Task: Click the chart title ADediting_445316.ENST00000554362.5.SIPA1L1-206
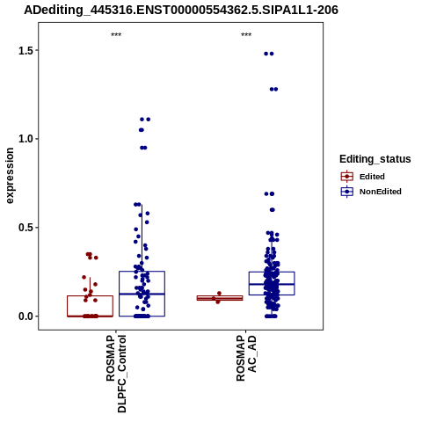[x=181, y=10]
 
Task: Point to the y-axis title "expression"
[x=10, y=176]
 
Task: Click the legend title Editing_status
[x=375, y=159]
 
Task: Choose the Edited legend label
[x=372, y=177]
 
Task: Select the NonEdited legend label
[x=381, y=192]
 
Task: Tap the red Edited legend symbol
[x=347, y=177]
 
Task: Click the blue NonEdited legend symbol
[x=347, y=192]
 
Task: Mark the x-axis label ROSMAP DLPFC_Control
[x=116, y=374]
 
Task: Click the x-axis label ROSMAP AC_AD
[x=246, y=359]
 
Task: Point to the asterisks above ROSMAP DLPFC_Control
[x=116, y=35]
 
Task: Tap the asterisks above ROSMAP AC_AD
[x=246, y=35]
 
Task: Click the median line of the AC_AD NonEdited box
[x=272, y=284]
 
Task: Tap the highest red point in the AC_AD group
[x=219, y=294]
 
